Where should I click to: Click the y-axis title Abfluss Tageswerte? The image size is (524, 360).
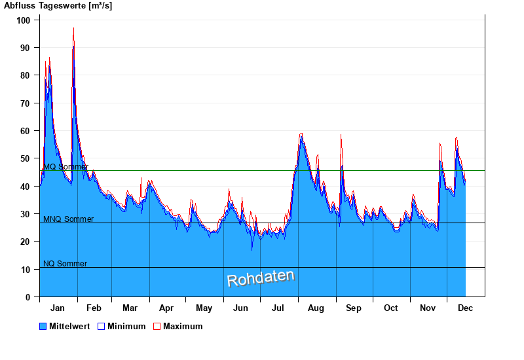coord(57,6)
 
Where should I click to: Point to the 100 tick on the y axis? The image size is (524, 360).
coord(24,20)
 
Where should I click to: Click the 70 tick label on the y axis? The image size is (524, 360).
coord(26,103)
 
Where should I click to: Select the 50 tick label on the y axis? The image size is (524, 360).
coord(26,158)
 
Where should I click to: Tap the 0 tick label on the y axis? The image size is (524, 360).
coord(28,297)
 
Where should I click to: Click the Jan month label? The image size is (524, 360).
coord(58,308)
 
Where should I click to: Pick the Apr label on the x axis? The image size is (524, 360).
coord(166,308)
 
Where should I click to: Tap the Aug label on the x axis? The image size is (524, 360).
coord(316,308)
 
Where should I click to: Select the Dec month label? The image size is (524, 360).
coord(465,308)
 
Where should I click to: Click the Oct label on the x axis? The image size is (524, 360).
coord(390,308)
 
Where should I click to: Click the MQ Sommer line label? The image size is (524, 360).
coord(65,167)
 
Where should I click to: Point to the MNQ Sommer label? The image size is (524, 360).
coord(68,219)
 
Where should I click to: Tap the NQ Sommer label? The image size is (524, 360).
coord(65,264)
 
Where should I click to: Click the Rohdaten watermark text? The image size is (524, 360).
coord(261,278)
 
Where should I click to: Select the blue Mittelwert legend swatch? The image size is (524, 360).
coord(43,326)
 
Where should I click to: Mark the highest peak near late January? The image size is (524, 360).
coord(73,28)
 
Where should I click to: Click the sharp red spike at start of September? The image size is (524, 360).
coord(341,135)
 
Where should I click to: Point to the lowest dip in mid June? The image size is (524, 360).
coord(252,249)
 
